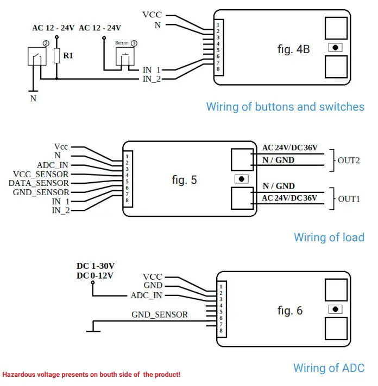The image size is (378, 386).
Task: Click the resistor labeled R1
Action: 56,55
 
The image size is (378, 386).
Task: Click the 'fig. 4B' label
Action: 293,49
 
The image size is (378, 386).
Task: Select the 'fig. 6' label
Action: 289,311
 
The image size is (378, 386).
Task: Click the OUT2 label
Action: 349,160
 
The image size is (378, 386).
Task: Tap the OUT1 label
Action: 349,199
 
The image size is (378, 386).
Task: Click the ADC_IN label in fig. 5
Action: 53,165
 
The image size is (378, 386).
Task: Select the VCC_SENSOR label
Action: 41,174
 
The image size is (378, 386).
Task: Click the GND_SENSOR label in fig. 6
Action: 160,314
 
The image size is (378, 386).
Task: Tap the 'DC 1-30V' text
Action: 96,266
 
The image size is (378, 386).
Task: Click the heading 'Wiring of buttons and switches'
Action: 285,107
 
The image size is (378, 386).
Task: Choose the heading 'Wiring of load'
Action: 329,237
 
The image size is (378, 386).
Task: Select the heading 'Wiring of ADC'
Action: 329,368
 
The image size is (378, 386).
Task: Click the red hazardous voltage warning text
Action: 91,375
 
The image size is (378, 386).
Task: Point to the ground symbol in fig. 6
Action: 93,327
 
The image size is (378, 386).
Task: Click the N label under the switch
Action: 33,99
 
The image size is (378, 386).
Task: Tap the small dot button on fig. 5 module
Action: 241,179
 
